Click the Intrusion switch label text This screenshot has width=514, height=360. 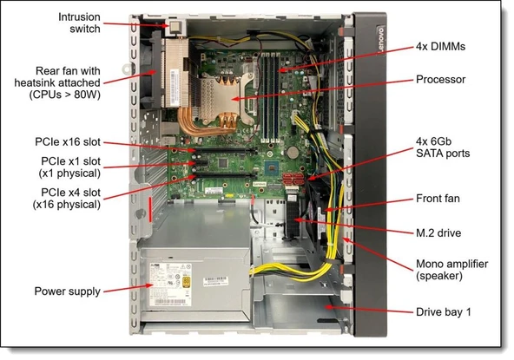[x=78, y=23]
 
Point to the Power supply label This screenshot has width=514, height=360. [x=67, y=291]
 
